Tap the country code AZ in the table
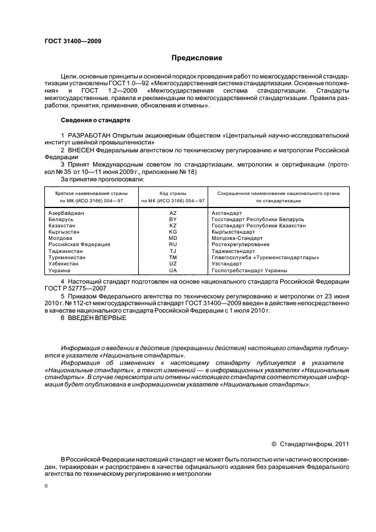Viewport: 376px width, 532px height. click(173, 213)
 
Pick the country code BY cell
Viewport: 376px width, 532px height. click(173, 219)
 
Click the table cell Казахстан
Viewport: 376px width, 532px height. click(64, 225)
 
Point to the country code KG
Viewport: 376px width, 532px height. click(173, 232)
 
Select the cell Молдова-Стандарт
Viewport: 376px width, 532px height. click(234, 238)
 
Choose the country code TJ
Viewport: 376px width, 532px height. click(173, 251)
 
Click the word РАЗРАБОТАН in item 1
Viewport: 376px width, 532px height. click(89, 135)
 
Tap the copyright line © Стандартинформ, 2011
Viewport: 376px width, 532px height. click(310, 444)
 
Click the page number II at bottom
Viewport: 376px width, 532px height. click(46, 486)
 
